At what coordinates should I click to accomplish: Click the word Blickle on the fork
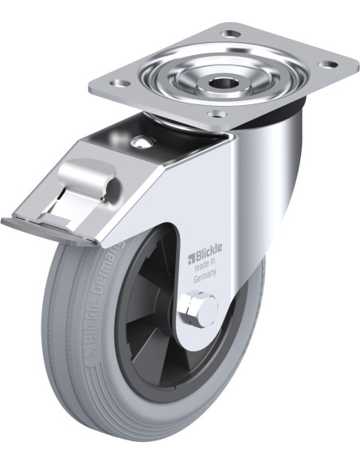(208, 258)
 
